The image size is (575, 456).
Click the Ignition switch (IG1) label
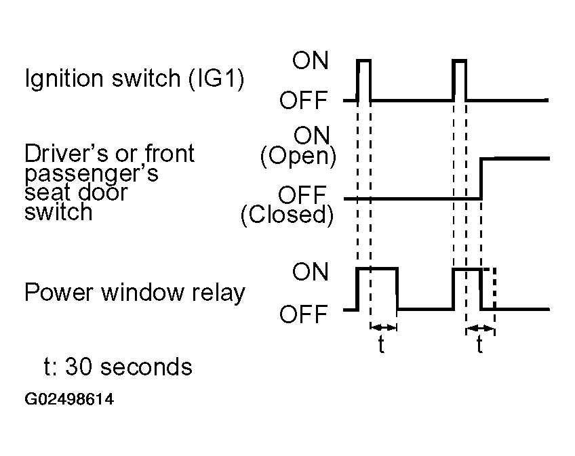tap(134, 79)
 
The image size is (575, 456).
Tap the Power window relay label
tap(134, 293)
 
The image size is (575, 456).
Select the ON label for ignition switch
tap(311, 60)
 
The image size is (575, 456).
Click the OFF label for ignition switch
tap(303, 100)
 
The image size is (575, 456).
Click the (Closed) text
tap(287, 214)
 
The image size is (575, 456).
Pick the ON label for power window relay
tap(311, 272)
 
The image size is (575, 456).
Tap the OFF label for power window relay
tap(303, 314)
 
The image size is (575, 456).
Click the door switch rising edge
tap(481, 178)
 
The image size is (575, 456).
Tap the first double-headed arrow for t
tap(384, 327)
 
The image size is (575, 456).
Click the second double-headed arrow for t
tap(480, 328)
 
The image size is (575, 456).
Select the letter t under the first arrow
tap(381, 345)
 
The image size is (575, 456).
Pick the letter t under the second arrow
tap(479, 345)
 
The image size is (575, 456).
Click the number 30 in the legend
tap(78, 367)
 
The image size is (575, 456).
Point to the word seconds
tap(146, 367)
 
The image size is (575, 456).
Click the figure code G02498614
tap(69, 399)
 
